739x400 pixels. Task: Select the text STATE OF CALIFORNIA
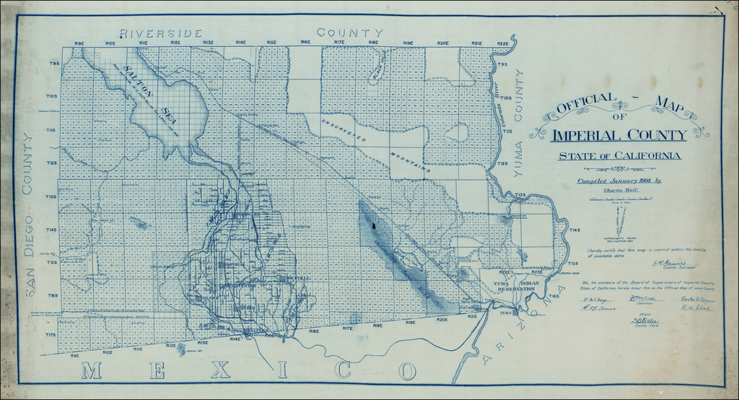pyautogui.click(x=619, y=156)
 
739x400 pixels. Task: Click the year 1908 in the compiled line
pyautogui.click(x=647, y=181)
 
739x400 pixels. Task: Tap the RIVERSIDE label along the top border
pyautogui.click(x=161, y=34)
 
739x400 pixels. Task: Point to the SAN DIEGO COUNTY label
pyautogui.click(x=30, y=214)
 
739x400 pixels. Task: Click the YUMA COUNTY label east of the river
pyautogui.click(x=518, y=133)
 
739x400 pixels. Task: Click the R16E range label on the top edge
pyautogui.click(x=305, y=43)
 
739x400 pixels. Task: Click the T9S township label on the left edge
pyautogui.click(x=53, y=65)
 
